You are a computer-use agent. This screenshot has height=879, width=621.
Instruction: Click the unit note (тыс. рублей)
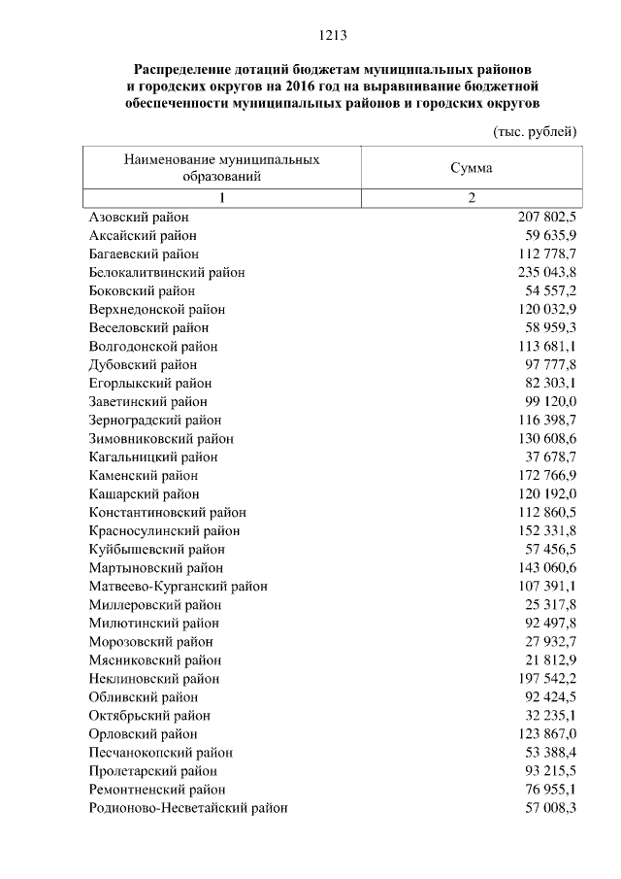coord(536,131)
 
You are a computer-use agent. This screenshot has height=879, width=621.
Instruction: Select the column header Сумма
coord(471,168)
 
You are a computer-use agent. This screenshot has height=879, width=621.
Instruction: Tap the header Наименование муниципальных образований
coord(221,168)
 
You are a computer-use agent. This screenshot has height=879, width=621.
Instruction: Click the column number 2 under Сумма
coord(471,198)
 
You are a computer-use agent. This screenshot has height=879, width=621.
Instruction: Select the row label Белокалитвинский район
coord(166,273)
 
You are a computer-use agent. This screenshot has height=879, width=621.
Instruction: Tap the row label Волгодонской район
coord(152,347)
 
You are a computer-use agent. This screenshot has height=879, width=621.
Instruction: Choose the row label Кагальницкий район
coord(152,457)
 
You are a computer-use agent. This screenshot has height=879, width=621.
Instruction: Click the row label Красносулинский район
coord(164,531)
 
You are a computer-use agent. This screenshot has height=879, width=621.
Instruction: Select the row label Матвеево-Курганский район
coord(178,587)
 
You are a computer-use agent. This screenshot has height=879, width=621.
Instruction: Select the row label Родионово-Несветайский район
coord(187,808)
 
